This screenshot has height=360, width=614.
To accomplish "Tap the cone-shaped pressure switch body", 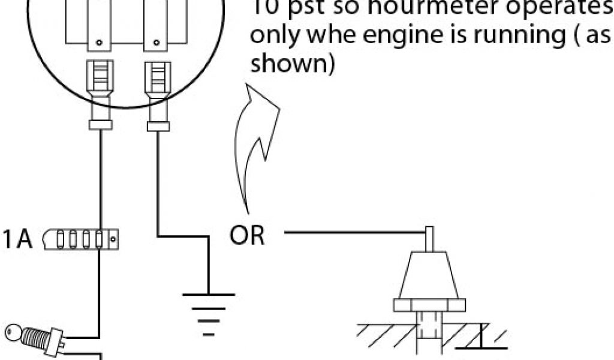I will [x=429, y=276].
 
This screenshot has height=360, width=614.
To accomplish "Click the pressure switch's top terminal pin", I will [x=429, y=239].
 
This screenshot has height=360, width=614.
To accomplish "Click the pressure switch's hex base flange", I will [x=429, y=305].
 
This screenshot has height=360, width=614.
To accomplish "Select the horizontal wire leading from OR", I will [x=354, y=232].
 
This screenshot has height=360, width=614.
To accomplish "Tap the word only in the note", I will [x=273, y=36].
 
